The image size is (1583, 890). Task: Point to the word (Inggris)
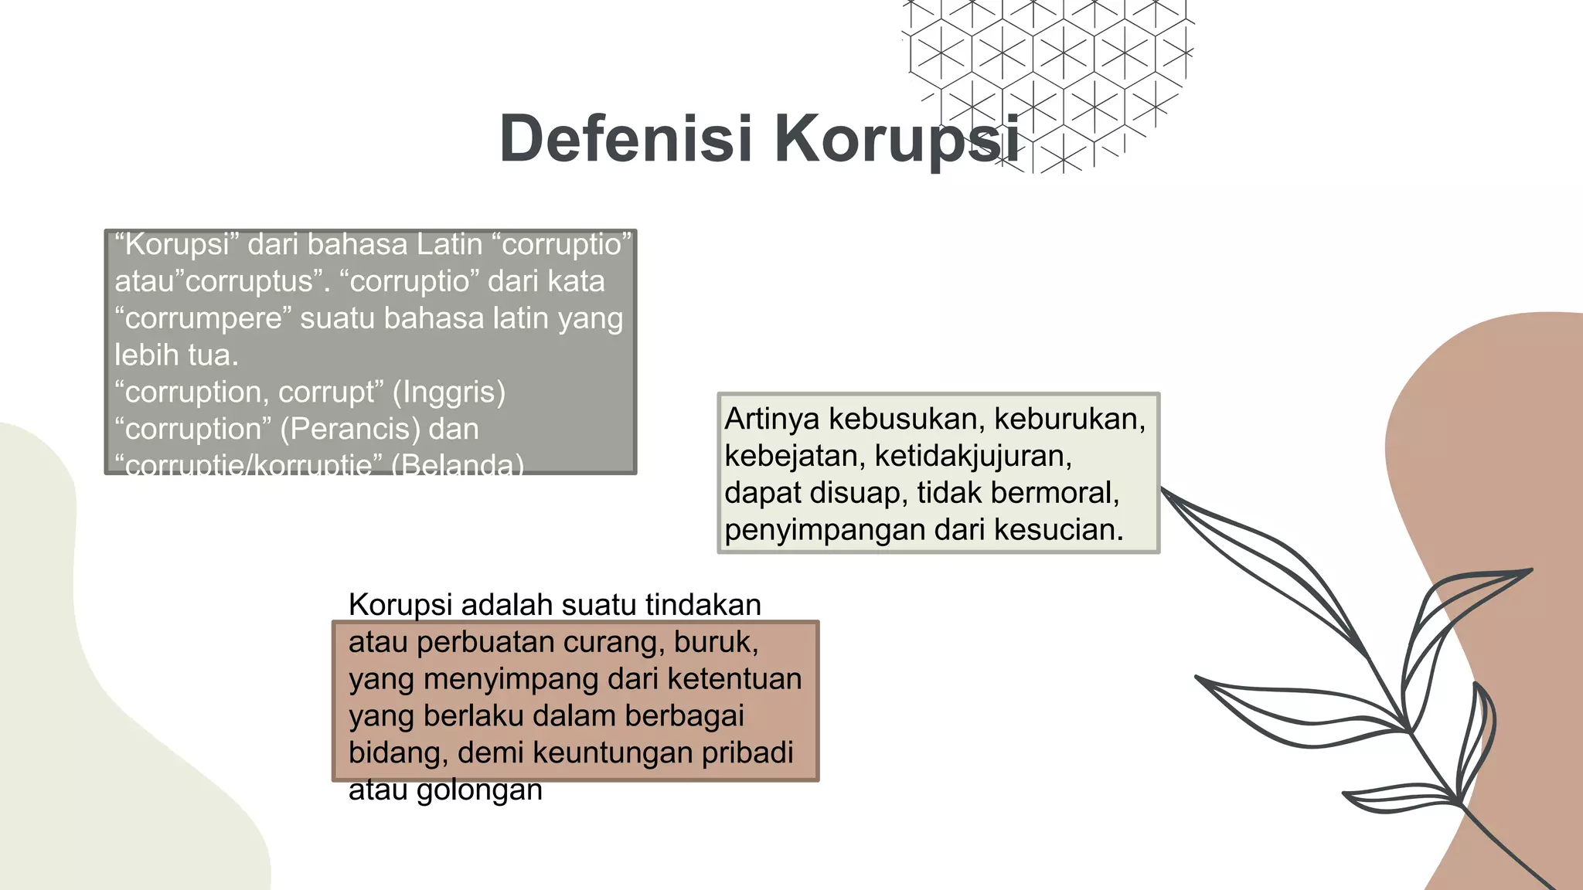(449, 392)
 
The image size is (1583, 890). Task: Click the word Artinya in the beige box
(771, 419)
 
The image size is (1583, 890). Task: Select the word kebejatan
(794, 456)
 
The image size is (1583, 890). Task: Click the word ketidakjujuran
(973, 456)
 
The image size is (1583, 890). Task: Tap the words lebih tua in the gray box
(176, 355)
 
